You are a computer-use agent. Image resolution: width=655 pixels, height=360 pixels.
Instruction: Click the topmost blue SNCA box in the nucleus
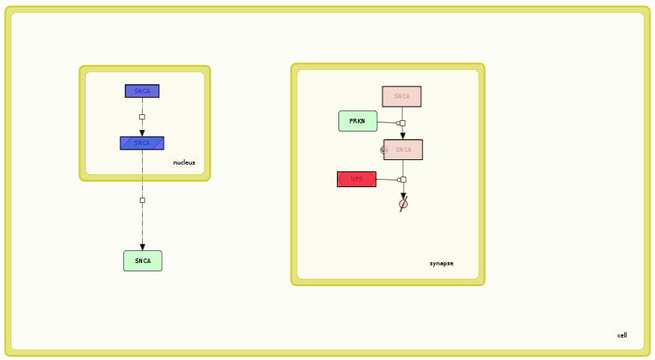[x=141, y=91]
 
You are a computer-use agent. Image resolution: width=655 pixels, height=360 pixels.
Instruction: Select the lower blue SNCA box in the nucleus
[x=141, y=143]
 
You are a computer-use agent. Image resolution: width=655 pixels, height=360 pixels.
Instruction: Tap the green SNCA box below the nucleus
[x=142, y=261]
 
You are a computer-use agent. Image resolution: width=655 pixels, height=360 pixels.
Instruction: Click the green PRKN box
[x=357, y=121]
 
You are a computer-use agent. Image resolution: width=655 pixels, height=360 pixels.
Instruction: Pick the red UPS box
[x=356, y=179]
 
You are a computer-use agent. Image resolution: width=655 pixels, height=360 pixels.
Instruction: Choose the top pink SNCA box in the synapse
[x=402, y=96]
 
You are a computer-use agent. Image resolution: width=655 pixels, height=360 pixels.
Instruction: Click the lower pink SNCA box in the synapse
[x=403, y=150]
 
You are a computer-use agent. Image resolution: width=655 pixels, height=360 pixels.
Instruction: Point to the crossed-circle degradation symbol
[x=403, y=204]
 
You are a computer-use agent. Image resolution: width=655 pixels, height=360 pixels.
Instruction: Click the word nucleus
[x=183, y=162]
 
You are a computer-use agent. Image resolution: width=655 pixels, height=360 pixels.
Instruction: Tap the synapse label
[x=441, y=264]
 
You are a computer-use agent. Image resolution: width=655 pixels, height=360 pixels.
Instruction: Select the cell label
[x=622, y=335]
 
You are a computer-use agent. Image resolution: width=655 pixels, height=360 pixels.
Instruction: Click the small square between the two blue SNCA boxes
[x=142, y=116]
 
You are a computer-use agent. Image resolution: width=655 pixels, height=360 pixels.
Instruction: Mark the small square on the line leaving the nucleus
[x=142, y=200]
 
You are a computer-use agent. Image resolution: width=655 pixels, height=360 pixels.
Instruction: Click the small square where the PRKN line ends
[x=402, y=123]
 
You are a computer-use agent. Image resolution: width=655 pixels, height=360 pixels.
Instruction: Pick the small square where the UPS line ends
[x=403, y=180]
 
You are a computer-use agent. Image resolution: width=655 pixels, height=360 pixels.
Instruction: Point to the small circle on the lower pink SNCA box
[x=384, y=150]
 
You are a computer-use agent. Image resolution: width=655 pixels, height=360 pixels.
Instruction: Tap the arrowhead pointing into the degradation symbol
[x=403, y=196]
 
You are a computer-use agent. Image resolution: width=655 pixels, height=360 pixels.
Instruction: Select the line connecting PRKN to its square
[x=387, y=123]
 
